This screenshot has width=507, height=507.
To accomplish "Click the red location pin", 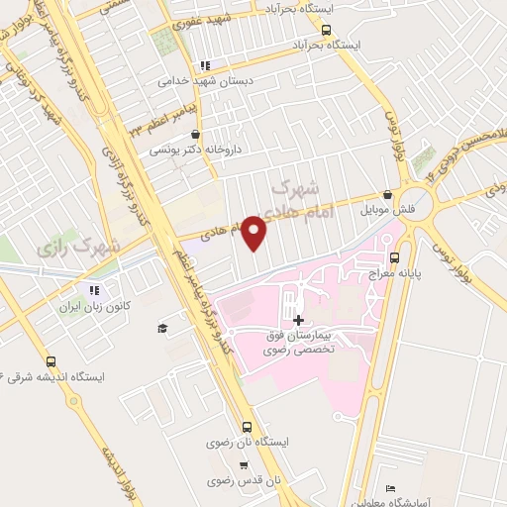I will click(254, 233).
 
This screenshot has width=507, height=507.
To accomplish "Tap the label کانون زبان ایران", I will click(95, 307).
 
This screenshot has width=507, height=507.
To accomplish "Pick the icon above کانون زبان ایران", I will click(95, 290).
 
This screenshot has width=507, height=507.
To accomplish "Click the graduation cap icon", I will click(162, 328).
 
